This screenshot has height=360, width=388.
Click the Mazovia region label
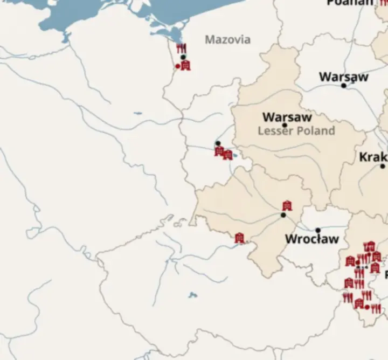point(227,39)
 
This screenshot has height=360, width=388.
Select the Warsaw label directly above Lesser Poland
point(287,117)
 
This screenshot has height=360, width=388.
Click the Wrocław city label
point(311,239)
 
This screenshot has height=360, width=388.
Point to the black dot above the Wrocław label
point(318,230)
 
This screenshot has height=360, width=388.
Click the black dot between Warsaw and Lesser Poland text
point(285,125)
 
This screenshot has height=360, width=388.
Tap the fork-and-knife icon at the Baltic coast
point(181,48)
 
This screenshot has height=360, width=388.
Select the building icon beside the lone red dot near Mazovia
point(186,65)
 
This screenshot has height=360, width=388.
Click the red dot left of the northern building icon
point(178,66)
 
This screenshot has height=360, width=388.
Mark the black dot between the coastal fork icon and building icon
point(183,57)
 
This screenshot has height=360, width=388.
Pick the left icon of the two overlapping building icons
point(219,151)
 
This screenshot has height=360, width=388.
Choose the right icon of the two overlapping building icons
point(228,155)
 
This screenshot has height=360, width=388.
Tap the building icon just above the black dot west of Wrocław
point(287,205)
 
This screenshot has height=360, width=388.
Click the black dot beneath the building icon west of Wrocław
point(283,215)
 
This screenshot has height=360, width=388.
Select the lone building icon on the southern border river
point(239,238)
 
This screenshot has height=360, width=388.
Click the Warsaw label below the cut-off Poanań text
point(343,77)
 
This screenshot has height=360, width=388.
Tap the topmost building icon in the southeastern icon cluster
point(369,247)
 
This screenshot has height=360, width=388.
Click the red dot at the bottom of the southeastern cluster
point(368,307)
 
